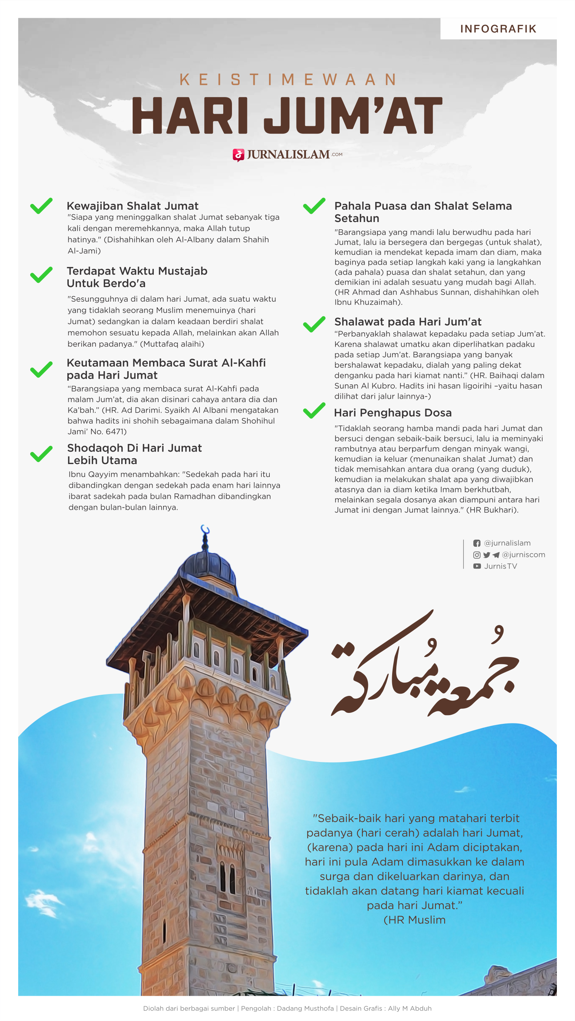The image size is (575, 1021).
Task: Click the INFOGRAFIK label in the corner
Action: point(498,29)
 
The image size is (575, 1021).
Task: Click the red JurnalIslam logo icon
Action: point(238,155)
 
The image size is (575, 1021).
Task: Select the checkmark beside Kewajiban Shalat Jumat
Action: point(41,206)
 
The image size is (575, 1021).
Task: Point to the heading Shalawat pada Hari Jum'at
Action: point(408,321)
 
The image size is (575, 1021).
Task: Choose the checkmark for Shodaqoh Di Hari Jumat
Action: point(41,454)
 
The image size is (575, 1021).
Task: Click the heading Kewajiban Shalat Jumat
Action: point(133,206)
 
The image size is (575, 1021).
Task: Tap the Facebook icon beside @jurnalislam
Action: point(477,543)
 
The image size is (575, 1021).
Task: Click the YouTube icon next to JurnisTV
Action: point(477,566)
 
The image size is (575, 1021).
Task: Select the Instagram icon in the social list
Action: point(477,555)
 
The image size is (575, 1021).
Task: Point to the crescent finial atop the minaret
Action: point(205,530)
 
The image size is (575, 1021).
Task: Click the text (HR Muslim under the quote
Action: point(414,920)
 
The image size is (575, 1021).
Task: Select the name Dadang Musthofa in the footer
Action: point(305,1008)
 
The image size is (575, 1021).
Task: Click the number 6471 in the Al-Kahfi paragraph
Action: point(116,432)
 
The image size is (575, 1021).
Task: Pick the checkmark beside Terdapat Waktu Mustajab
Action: point(41,275)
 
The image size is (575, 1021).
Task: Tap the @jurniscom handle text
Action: point(524,555)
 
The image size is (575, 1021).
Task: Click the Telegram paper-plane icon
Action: point(496,555)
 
